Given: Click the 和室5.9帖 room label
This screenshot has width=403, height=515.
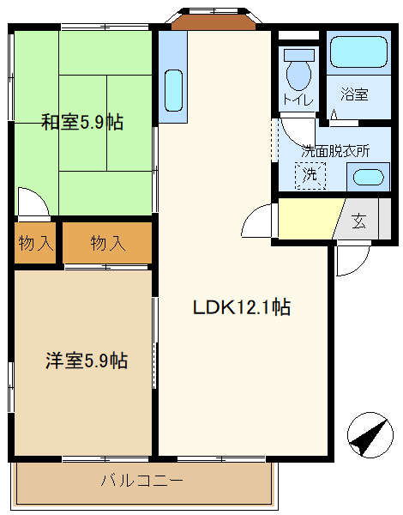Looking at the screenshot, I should (82, 122).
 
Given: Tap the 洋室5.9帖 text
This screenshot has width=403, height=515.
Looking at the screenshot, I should (86, 360).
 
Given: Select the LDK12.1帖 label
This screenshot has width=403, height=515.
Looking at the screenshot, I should (240, 307).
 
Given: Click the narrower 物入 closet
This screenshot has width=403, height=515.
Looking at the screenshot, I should (35, 243).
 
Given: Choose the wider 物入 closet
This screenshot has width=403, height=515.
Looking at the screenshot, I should (108, 243).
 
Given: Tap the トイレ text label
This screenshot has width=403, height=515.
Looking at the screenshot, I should (298, 100).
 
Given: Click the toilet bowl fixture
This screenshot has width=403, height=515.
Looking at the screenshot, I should (298, 72).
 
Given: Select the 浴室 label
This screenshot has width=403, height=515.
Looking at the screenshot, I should (353, 94).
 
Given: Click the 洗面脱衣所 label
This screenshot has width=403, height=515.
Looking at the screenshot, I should (335, 149).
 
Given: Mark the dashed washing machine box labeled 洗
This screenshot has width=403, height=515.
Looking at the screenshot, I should (310, 176).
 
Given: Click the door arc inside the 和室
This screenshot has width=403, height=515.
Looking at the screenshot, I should (33, 204).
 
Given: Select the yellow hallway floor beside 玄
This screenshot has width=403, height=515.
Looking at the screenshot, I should (309, 220).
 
